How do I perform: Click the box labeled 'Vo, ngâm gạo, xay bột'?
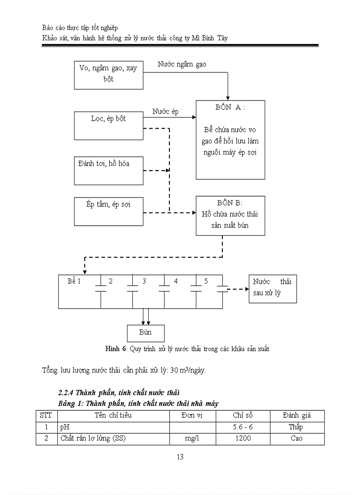pyautogui.click(x=109, y=75)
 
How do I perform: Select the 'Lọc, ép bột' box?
pyautogui.click(x=109, y=125)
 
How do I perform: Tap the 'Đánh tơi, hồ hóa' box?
pyautogui.click(x=109, y=170)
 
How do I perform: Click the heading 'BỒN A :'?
pyautogui.click(x=230, y=108)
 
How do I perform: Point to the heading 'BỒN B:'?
pyautogui.click(x=230, y=203)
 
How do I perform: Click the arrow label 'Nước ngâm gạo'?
pyautogui.click(x=182, y=64)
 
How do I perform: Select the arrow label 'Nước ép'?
pyautogui.click(x=165, y=112)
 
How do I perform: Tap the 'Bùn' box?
pyautogui.click(x=146, y=333)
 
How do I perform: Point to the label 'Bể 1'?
pyautogui.click(x=74, y=281)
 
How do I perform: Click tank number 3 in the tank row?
pyautogui.click(x=144, y=281)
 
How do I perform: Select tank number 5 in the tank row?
pyautogui.click(x=206, y=281)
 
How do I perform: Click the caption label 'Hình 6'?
pyautogui.click(x=116, y=349)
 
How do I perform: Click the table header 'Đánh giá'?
pyautogui.click(x=296, y=416)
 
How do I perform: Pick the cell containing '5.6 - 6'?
pyautogui.click(x=243, y=427)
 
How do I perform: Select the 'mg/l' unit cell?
pyautogui.click(x=192, y=439)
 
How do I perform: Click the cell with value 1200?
pyautogui.click(x=243, y=439)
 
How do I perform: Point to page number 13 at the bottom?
pyautogui.click(x=180, y=457)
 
